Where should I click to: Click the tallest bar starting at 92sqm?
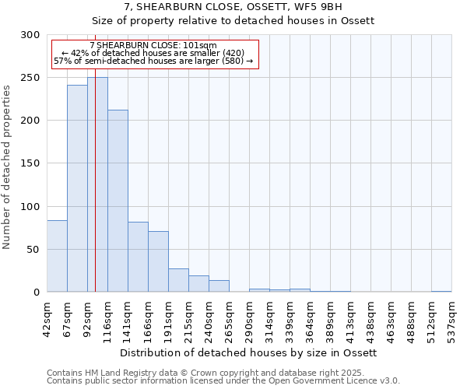97,185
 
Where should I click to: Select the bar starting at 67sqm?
77,189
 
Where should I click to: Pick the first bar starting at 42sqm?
57,257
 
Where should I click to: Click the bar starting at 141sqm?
138,258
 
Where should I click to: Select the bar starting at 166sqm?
158,261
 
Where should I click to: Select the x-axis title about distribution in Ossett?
249,352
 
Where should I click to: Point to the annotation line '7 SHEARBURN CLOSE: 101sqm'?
153,46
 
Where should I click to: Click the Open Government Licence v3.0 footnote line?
223,381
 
